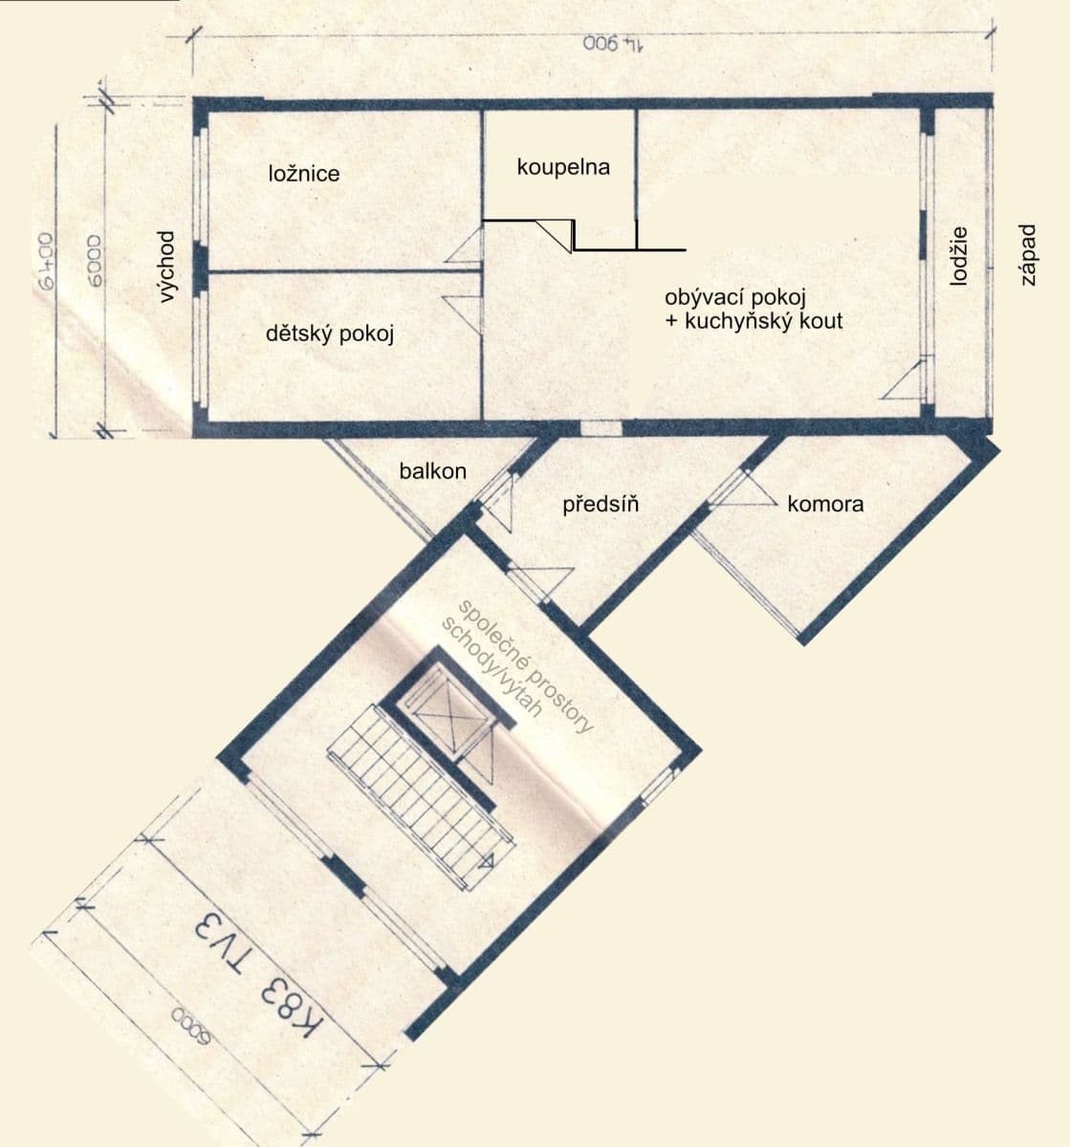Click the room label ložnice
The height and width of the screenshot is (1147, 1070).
point(303,173)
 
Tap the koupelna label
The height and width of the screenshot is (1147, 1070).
point(562,167)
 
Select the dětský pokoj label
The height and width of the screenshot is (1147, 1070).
point(329,335)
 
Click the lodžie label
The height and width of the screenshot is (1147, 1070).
point(960,255)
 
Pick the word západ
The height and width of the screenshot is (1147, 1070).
point(1028,255)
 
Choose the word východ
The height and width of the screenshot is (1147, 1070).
point(167,267)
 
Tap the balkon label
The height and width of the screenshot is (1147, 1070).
point(432,470)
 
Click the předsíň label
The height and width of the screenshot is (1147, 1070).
point(601,503)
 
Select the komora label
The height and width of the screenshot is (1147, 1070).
point(824,504)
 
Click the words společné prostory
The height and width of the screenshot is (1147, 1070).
point(526,666)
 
